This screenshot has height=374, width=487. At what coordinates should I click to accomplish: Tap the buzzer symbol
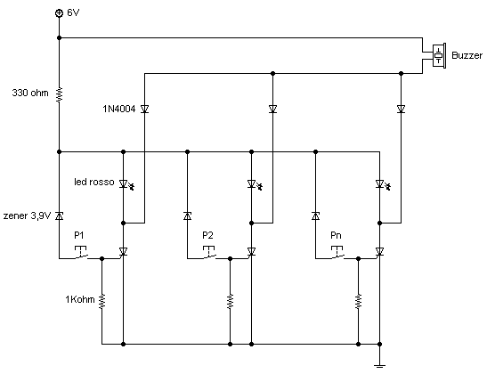click(437, 54)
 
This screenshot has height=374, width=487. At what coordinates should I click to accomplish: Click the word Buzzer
click(467, 55)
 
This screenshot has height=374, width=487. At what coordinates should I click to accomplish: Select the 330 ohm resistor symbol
click(59, 94)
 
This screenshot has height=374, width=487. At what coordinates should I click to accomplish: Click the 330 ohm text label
click(30, 93)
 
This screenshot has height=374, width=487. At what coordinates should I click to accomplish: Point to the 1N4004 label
click(119, 109)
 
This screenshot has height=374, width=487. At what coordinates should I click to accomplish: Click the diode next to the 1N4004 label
click(144, 110)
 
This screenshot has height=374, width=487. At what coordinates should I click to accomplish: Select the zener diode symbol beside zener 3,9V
click(59, 215)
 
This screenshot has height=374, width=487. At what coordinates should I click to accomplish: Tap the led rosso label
click(93, 183)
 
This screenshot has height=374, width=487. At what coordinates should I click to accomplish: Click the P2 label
click(208, 235)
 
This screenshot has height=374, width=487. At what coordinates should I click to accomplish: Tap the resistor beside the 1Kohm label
click(102, 301)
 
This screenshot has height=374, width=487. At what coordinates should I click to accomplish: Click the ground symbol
click(380, 362)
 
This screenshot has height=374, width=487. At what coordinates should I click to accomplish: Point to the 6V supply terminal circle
click(59, 13)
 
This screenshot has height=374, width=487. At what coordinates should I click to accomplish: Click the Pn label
click(337, 235)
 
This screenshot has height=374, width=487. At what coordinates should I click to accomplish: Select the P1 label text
click(79, 235)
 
